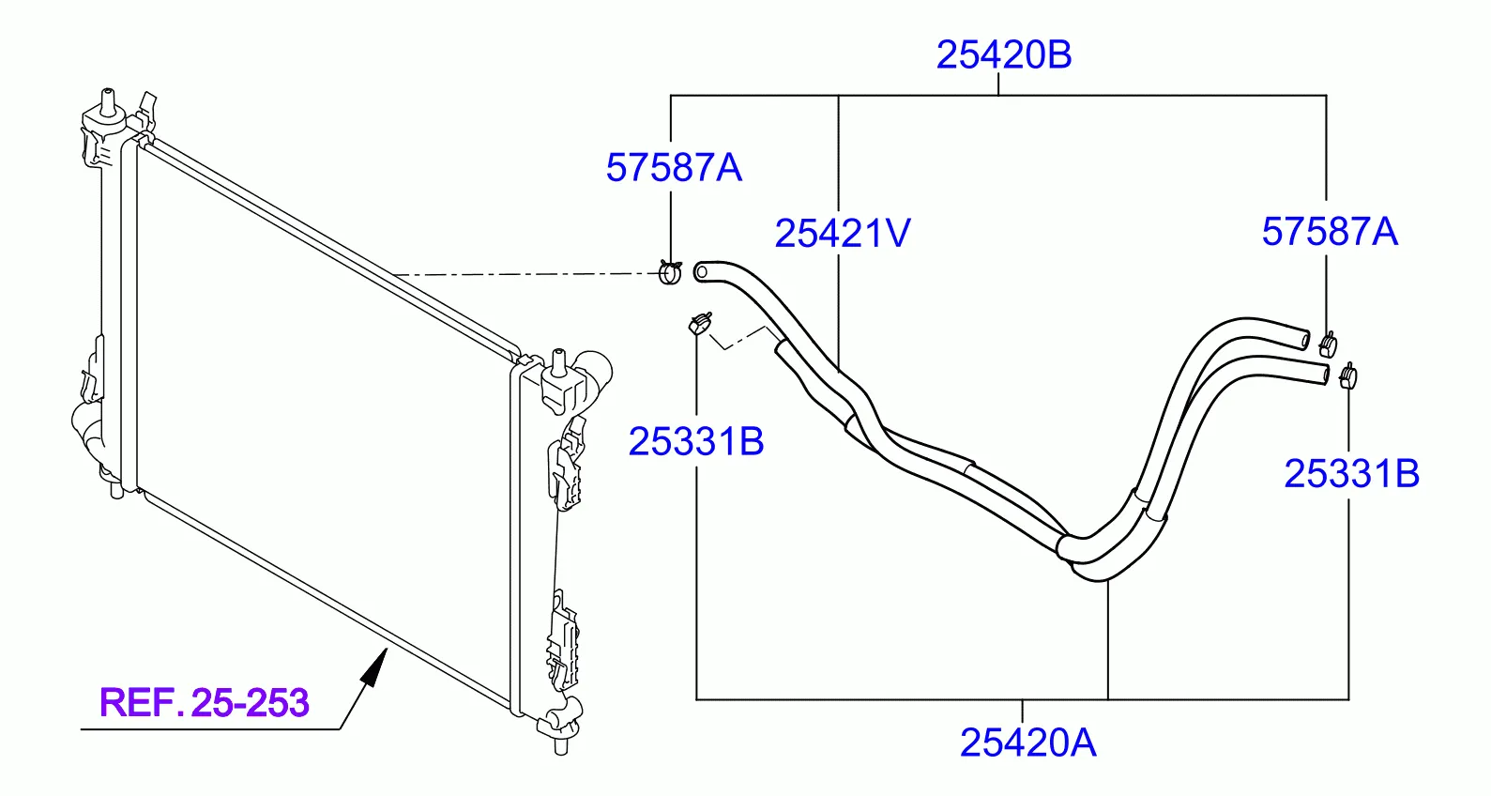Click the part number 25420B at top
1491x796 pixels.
click(x=1004, y=54)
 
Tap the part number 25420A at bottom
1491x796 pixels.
click(x=1027, y=742)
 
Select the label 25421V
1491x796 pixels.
click(x=843, y=233)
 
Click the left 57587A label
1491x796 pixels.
click(x=674, y=167)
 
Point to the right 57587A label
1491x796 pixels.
click(x=1330, y=232)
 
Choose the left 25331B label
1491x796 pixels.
click(x=696, y=441)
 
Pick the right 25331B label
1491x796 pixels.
click(x=1352, y=474)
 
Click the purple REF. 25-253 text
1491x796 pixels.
click(x=205, y=703)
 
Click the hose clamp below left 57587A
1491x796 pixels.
click(x=670, y=272)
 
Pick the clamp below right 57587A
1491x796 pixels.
click(x=1328, y=344)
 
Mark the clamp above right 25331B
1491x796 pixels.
click(x=1347, y=376)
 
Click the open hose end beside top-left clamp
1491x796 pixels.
click(x=701, y=272)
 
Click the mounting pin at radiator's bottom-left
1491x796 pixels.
click(x=116, y=490)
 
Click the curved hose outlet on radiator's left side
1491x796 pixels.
click(x=85, y=426)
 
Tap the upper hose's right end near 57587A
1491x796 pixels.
click(x=1304, y=340)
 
